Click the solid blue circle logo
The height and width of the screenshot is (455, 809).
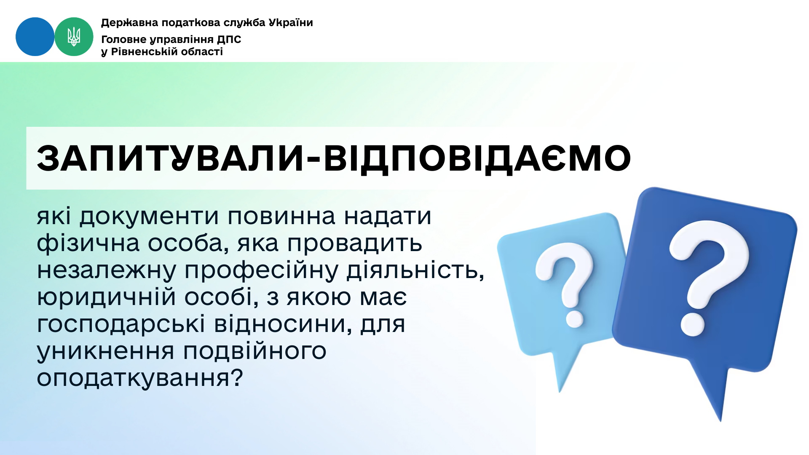[35, 37]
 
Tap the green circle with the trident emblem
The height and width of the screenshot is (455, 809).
[74, 37]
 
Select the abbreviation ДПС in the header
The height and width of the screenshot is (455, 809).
[229, 40]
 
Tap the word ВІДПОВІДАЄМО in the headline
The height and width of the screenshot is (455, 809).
[477, 159]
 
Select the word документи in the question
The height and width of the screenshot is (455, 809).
[149, 217]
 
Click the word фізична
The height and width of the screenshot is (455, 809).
[88, 244]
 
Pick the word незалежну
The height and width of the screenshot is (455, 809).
[107, 270]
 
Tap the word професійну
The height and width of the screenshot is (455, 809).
[262, 270]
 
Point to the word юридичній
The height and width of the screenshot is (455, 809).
[106, 297]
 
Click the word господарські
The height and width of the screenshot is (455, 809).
[121, 324]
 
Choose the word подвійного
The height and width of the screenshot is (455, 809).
[255, 351]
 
